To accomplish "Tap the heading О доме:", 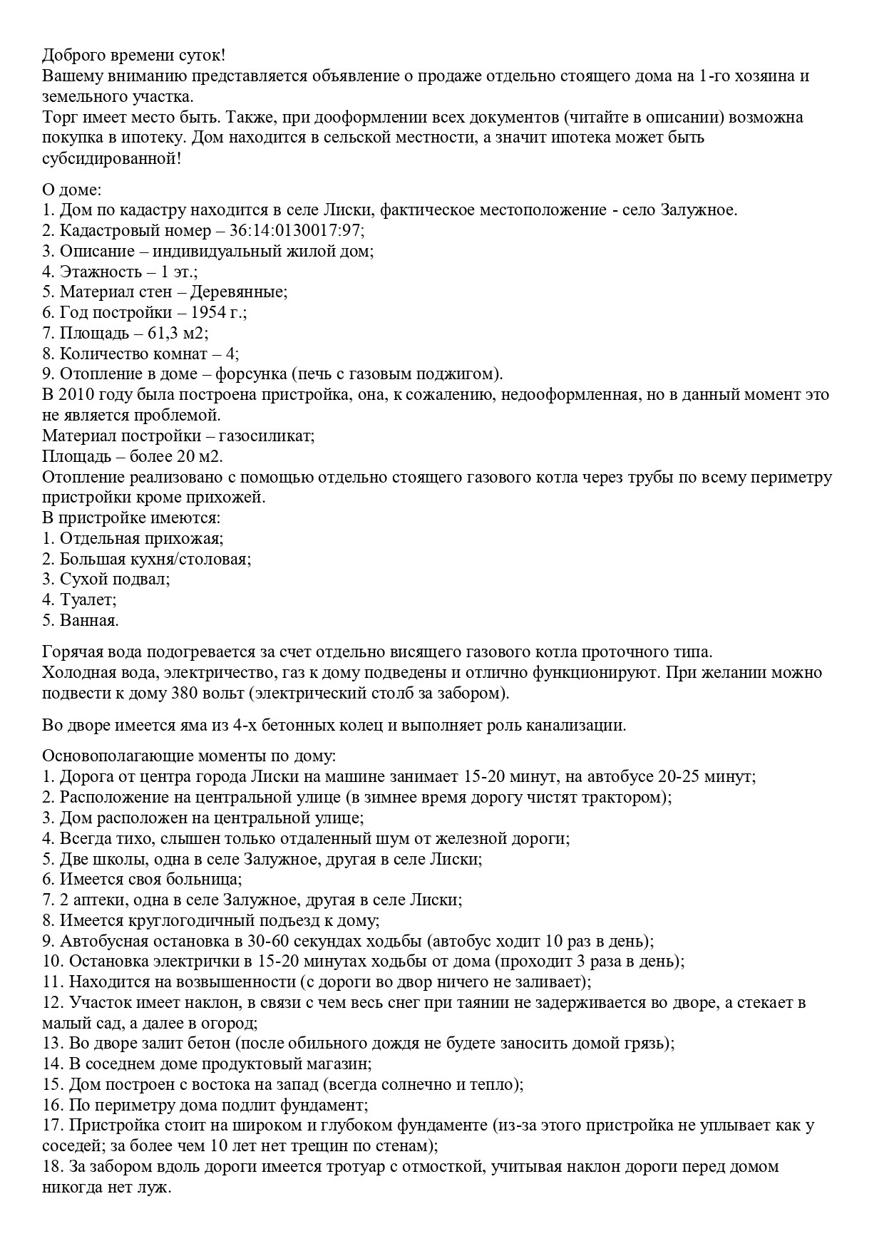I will [72, 190].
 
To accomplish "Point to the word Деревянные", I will [244, 292].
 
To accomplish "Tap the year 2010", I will [77, 395].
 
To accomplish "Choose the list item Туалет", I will [88, 600].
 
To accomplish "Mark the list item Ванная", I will [89, 621].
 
